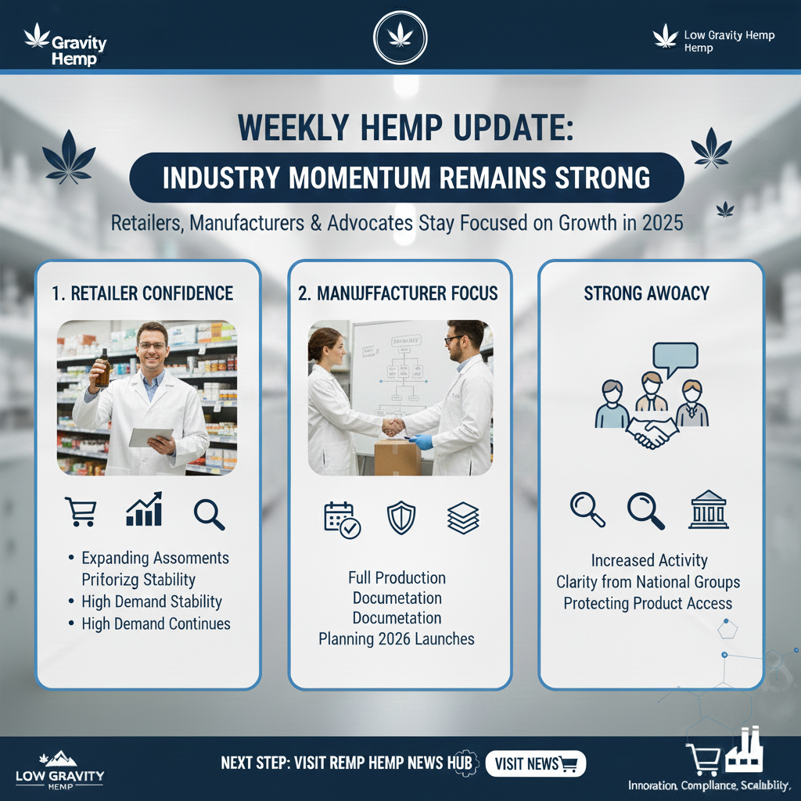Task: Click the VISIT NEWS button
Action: click(x=536, y=763)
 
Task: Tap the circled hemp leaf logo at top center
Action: click(x=400, y=36)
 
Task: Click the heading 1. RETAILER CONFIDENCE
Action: click(x=142, y=293)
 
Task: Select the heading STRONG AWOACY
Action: click(x=647, y=293)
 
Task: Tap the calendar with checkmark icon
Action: click(x=342, y=519)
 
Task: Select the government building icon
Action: click(x=708, y=511)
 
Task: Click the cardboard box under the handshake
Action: click(x=397, y=457)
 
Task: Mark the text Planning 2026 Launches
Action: click(x=397, y=638)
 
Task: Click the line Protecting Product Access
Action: click(x=648, y=603)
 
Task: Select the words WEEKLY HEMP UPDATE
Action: click(x=405, y=128)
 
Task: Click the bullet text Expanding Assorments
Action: click(x=155, y=558)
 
